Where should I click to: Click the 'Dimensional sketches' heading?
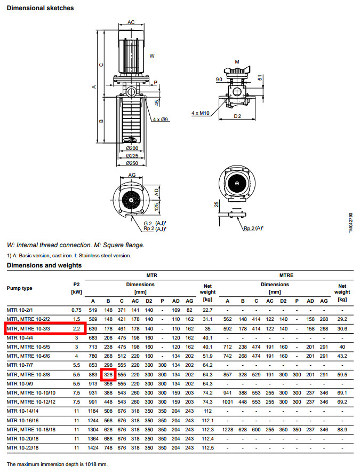coord(40,9)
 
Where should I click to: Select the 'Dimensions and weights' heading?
coord(44,265)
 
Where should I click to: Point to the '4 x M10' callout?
coord(200,113)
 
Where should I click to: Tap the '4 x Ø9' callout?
coord(159,120)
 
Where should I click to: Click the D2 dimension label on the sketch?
coord(238,116)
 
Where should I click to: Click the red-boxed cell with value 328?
coord(108,375)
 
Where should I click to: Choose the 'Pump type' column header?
coord(20,288)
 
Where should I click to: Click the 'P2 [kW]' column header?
coord(76,288)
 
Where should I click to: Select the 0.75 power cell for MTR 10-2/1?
coord(76,310)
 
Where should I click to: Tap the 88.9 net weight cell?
coord(342,430)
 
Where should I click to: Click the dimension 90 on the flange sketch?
coord(219,80)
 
